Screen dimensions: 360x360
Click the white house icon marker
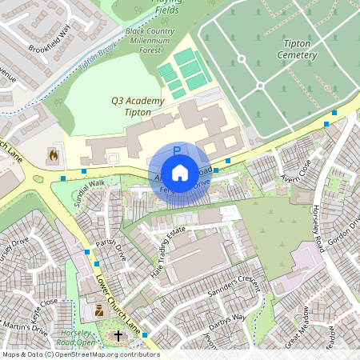pyautogui.click(x=180, y=171)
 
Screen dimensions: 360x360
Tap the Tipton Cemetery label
pyautogui.click(x=298, y=49)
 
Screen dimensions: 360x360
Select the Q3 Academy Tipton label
pyautogui.click(x=138, y=107)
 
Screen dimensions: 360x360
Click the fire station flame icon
pyautogui.click(x=53, y=154)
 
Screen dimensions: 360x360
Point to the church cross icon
pyautogui.click(x=119, y=336)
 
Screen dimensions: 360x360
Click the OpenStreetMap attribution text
pyautogui.click(x=80, y=354)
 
